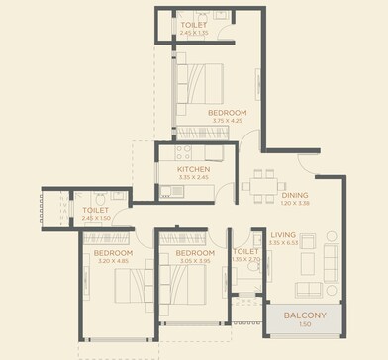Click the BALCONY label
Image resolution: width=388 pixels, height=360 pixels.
coord(305,315)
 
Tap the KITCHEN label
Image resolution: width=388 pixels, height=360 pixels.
coord(193,169)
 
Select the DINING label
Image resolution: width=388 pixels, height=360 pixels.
coord(294,195)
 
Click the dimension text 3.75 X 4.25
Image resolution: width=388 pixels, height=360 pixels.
coord(227,122)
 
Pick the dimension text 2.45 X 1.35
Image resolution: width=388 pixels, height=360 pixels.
coord(194,33)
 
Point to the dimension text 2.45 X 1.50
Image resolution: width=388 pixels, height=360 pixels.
coord(96,218)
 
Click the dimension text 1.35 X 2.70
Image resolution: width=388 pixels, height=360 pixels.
coord(245,259)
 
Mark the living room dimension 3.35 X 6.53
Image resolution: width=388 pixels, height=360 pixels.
coord(284,242)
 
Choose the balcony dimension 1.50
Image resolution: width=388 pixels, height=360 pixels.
coord(305,324)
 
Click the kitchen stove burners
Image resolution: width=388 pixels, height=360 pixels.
coord(181,153)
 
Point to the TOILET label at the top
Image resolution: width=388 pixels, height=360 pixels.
coord(194,25)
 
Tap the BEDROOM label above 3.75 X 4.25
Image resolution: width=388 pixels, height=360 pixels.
coord(227,113)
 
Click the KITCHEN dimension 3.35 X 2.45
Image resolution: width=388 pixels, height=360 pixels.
coord(193,178)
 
